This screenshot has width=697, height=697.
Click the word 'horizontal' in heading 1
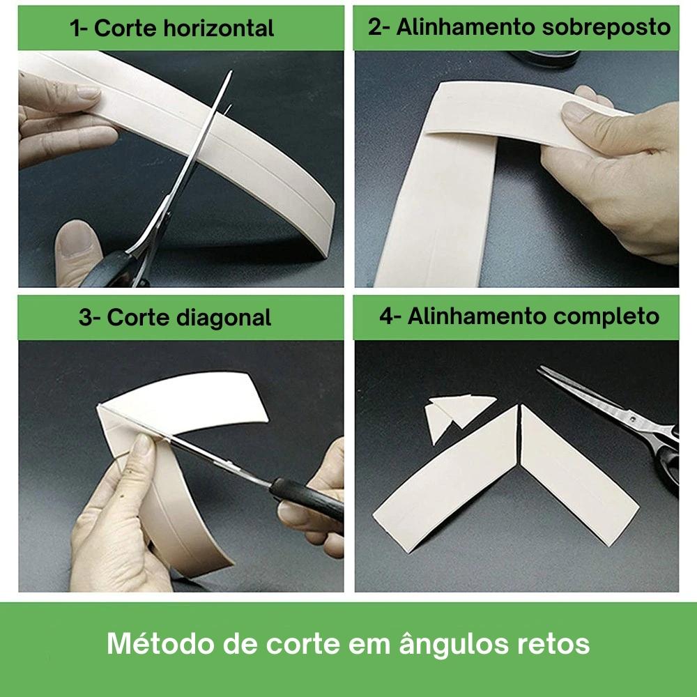pyautogui.click(x=219, y=29)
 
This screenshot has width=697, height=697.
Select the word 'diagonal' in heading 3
pyautogui.click(x=224, y=317)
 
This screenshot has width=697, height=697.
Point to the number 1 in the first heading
pyautogui.click(x=75, y=29)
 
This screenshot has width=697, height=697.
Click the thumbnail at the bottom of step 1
pyautogui.click(x=74, y=240)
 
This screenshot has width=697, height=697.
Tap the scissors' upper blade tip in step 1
pyautogui.click(x=231, y=72)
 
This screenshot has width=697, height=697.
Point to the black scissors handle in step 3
pyautogui.click(x=307, y=499)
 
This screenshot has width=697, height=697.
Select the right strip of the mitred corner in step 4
pyautogui.click(x=578, y=475)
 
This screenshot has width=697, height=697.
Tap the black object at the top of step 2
pyautogui.click(x=544, y=59)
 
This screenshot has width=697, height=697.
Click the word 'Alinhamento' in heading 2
pyautogui.click(x=466, y=27)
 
